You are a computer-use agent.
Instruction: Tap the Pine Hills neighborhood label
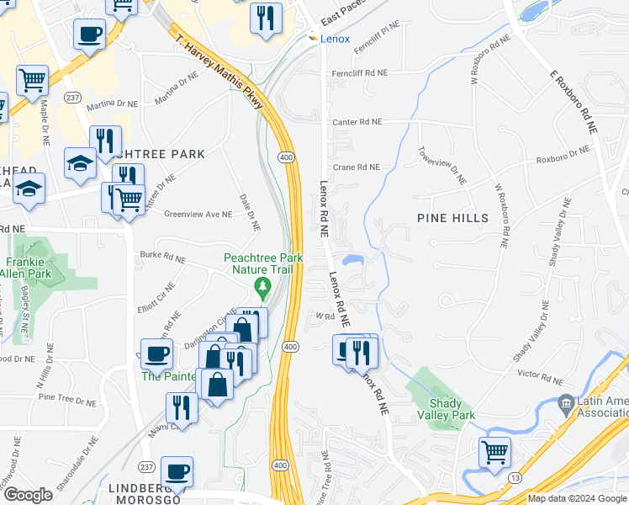coord(452,218)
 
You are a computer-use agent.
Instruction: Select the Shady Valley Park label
coord(452,409)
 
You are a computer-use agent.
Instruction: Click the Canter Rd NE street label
coord(357,122)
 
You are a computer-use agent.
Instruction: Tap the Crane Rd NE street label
coord(357,167)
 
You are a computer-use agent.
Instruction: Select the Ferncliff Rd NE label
coord(358,73)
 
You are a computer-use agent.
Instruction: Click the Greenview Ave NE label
coord(198,215)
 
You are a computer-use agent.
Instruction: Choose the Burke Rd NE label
coord(161,254)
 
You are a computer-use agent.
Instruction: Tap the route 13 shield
coord(514,477)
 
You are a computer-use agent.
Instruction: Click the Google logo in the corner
coord(28,495)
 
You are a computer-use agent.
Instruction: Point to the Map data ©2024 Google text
coord(577,499)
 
